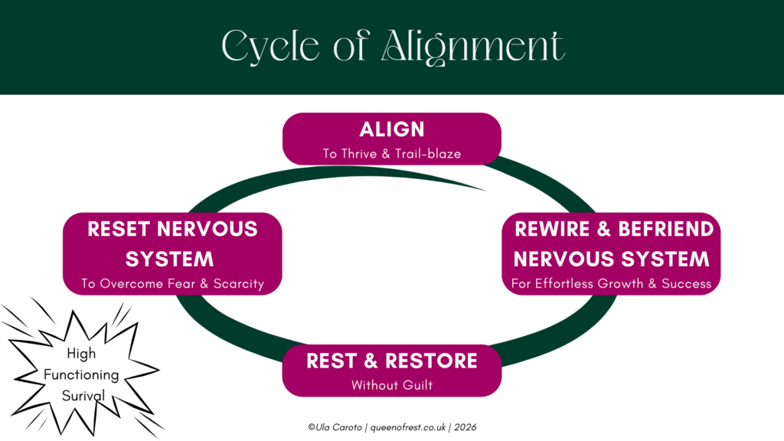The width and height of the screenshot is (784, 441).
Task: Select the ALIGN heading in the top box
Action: coord(392,129)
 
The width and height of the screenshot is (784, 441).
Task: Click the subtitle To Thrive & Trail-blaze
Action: coord(392,154)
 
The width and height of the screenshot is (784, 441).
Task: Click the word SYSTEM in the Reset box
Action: coord(170,258)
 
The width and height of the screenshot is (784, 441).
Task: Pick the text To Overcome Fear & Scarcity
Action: coord(172,284)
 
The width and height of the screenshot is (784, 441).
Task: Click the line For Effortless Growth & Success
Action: coord(611,284)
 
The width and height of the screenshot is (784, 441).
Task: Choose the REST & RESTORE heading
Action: coord(392,361)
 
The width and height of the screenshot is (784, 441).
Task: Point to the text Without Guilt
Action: coord(392,385)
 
